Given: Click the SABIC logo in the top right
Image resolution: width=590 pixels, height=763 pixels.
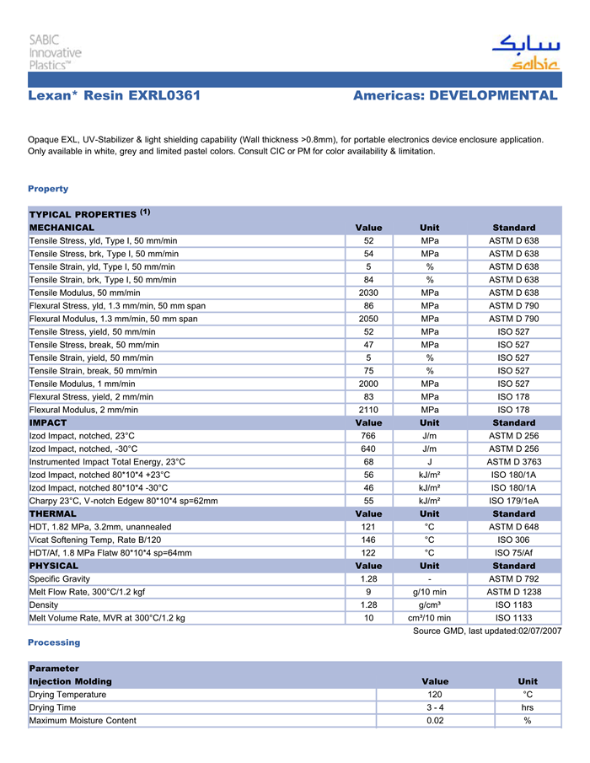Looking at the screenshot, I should click(x=525, y=51).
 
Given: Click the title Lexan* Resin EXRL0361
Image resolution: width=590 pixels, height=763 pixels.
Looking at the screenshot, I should click(x=114, y=95).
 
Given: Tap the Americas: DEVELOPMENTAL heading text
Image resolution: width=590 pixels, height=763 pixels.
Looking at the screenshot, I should click(x=455, y=95).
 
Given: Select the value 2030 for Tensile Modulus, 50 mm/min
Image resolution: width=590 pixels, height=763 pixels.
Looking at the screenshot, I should click(x=368, y=293).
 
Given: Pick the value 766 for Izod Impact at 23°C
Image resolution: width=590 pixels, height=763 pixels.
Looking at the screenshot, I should click(x=368, y=436).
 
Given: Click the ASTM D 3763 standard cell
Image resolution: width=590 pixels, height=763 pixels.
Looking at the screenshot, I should click(x=514, y=462).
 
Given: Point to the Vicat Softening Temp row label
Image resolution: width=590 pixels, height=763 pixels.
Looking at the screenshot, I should click(x=95, y=540).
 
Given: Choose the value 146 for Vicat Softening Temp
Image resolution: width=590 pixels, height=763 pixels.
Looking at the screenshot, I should click(x=368, y=540).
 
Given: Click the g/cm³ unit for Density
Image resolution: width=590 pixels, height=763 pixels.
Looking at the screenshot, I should click(x=430, y=604).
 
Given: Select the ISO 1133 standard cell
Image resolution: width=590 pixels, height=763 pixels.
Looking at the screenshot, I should click(x=514, y=618).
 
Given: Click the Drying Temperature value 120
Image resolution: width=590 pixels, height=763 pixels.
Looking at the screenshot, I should click(x=435, y=695).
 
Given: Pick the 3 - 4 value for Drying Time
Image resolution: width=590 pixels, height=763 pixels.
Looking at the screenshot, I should click(x=435, y=707).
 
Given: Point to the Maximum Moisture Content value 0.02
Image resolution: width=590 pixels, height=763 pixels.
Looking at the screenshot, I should click(x=435, y=721).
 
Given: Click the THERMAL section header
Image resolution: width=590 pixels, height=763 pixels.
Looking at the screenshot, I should click(x=53, y=513).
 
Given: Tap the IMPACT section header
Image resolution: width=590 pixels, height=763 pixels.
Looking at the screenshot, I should click(x=48, y=422).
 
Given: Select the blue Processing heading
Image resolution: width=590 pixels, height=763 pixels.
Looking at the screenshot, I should click(x=54, y=642).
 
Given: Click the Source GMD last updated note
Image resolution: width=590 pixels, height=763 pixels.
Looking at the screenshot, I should click(x=486, y=631).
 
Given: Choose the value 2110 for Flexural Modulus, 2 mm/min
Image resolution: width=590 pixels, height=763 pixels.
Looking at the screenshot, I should click(x=368, y=410).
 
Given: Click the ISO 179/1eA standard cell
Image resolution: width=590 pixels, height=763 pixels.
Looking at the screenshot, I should click(x=514, y=501).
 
